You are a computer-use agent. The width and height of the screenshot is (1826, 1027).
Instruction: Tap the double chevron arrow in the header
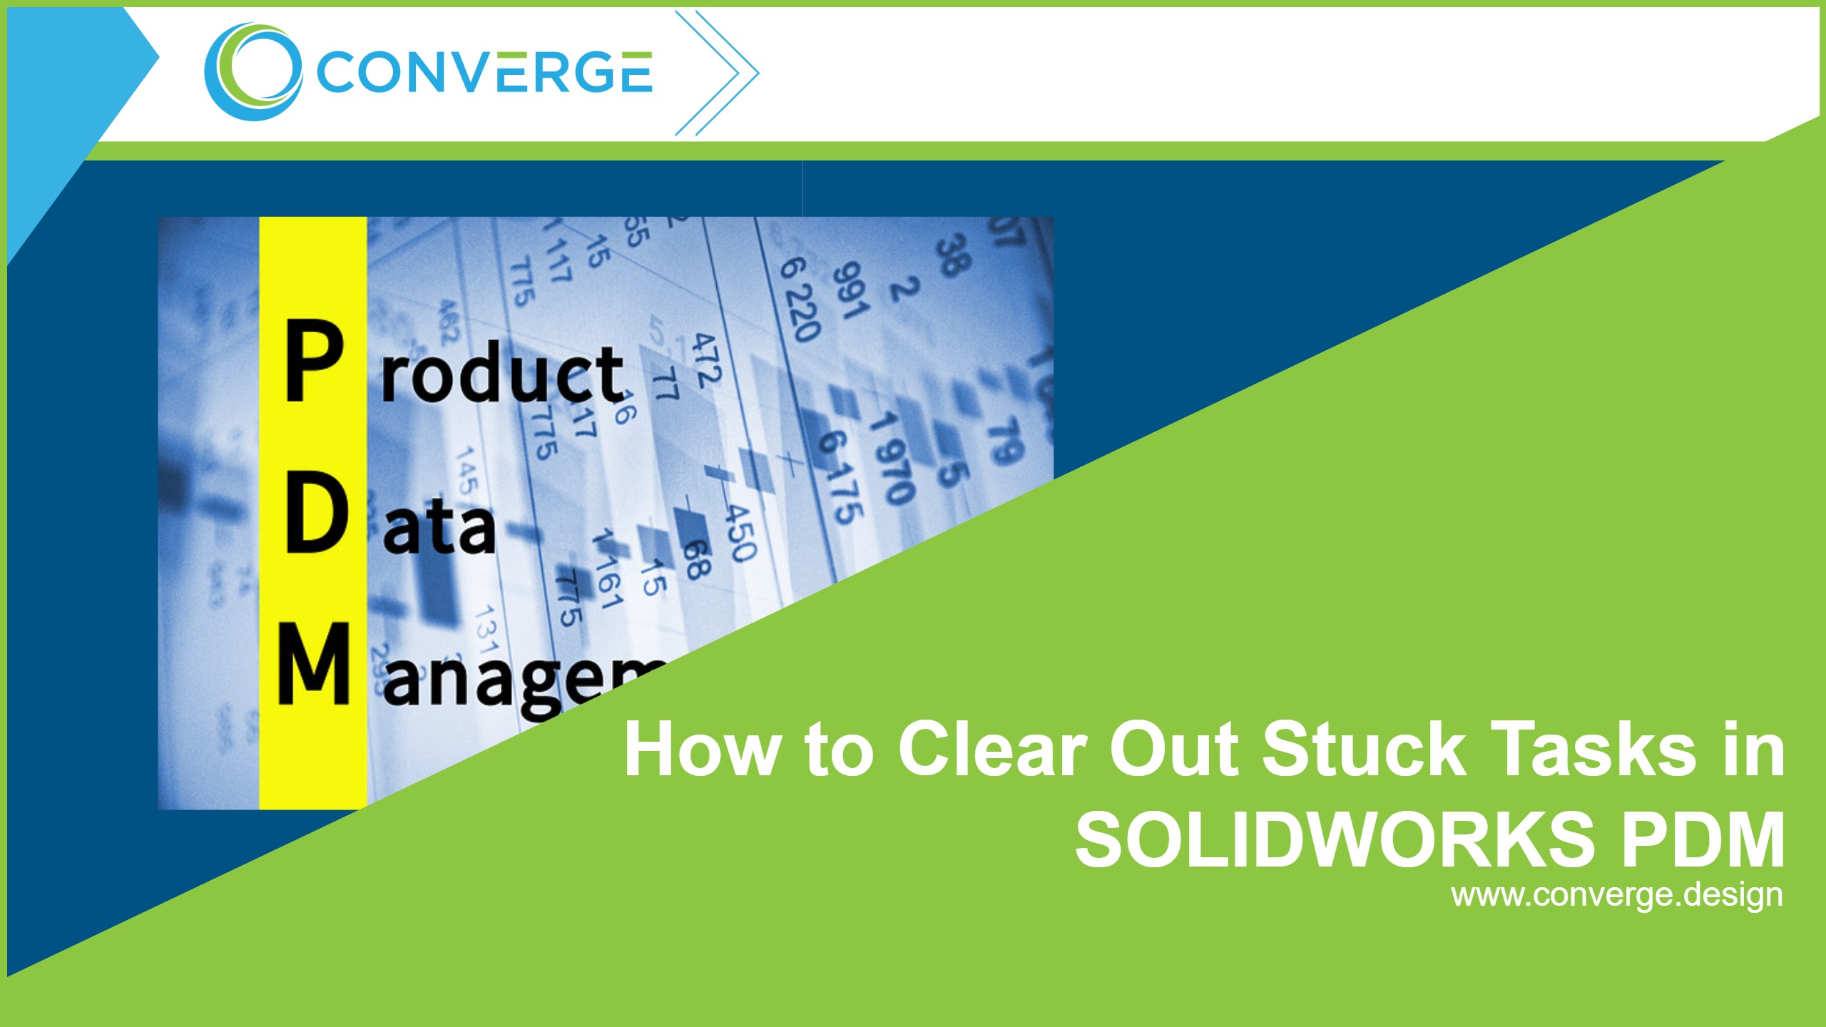717,72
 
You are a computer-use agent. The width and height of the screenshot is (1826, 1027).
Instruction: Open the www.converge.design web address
1617,895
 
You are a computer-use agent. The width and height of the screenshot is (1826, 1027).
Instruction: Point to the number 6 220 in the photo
800,300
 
